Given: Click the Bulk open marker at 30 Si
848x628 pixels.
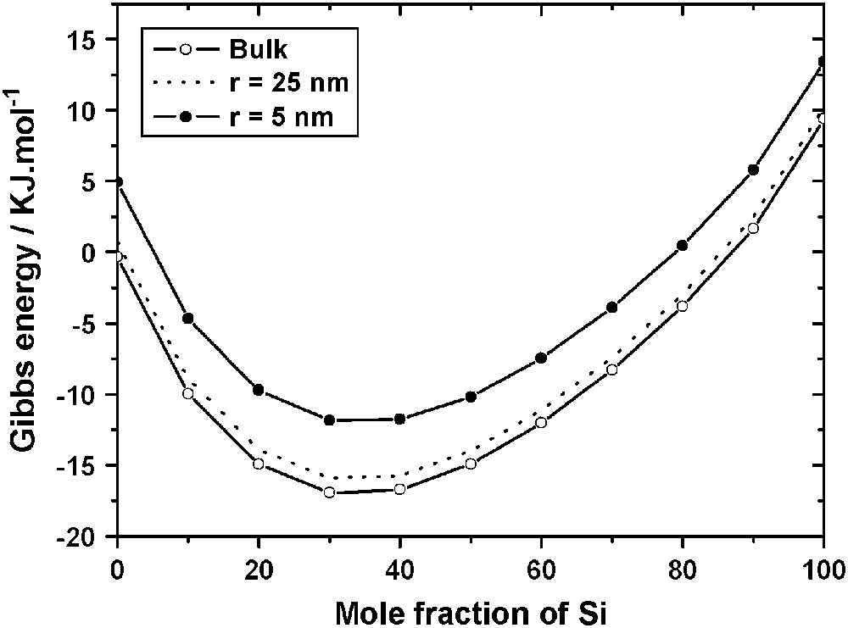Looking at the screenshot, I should (x=329, y=492).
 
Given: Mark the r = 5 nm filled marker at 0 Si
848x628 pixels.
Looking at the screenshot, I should (x=119, y=182).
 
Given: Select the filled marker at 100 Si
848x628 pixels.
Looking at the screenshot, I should (x=822, y=62).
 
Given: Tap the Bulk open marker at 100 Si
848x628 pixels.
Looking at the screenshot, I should (x=822, y=119).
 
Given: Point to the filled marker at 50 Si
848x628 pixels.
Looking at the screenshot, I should (x=471, y=397).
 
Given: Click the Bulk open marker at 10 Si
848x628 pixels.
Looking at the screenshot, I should (x=188, y=393).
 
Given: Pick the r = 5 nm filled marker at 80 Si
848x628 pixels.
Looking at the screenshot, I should (x=682, y=246).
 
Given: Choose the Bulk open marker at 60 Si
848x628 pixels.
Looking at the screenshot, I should (x=541, y=422).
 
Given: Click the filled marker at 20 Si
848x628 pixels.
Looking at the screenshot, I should (x=259, y=390).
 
